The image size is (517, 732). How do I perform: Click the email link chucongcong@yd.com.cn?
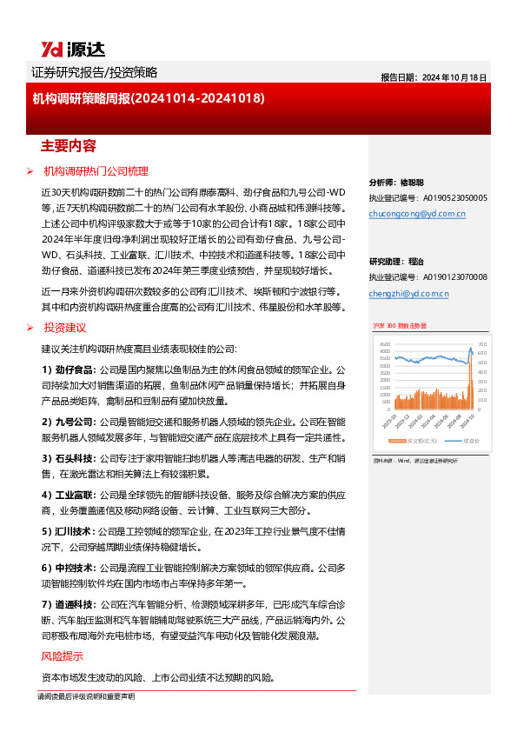coord(417,213)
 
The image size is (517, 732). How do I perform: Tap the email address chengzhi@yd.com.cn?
coord(408,294)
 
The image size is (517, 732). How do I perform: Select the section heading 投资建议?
coord(65,327)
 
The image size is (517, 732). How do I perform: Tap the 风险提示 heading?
coord(63,656)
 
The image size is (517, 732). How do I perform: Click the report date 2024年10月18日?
coord(454,77)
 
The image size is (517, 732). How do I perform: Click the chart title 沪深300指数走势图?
coord(395,324)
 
